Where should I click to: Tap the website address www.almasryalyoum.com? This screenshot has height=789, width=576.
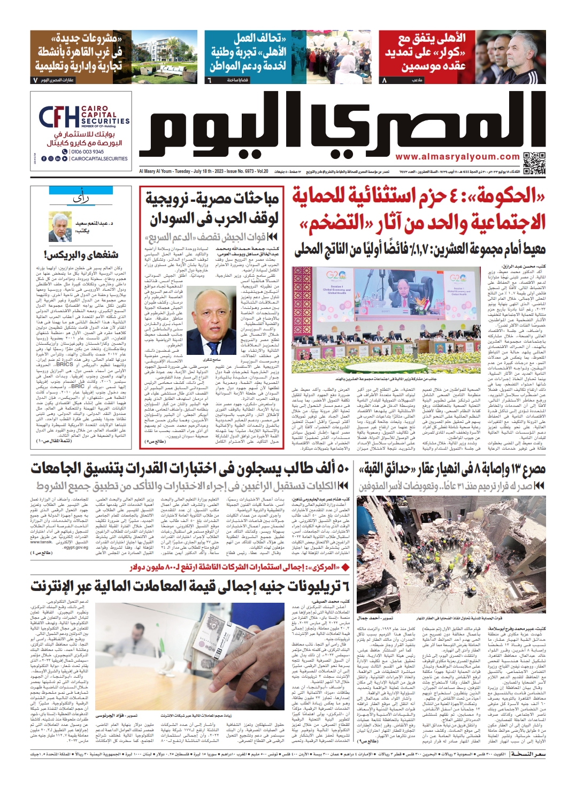click(457, 157)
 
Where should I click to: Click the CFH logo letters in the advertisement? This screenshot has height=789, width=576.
click(58, 117)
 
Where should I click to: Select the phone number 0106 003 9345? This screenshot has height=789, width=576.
click(87, 152)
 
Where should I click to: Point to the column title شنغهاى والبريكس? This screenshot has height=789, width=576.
click(81, 254)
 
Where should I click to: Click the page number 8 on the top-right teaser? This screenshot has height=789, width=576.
click(384, 80)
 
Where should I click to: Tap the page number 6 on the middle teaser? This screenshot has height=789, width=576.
click(210, 80)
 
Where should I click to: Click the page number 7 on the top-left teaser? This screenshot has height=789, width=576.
click(35, 80)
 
